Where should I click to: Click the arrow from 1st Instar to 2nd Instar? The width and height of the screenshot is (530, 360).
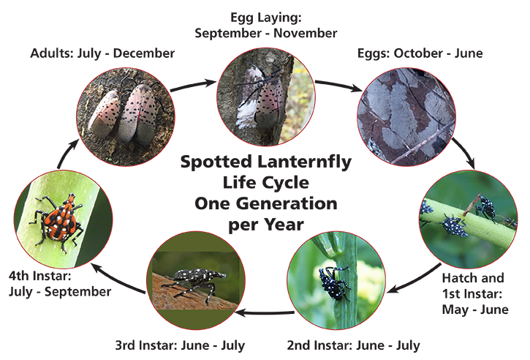(x=409, y=282)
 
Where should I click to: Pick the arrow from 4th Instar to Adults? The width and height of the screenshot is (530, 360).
(x=64, y=150)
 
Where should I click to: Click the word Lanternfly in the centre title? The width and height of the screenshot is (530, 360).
(x=315, y=162)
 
